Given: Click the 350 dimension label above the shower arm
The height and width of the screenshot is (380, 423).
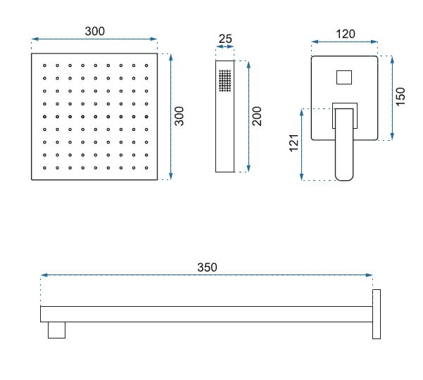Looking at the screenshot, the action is (x=207, y=267).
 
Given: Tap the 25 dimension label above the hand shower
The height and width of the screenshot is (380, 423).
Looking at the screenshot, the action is (x=225, y=39).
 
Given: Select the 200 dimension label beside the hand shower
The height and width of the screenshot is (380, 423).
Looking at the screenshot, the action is (x=257, y=116).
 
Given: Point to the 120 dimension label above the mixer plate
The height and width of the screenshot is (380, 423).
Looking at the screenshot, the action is (x=346, y=34).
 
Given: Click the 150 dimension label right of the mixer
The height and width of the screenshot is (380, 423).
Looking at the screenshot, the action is (x=400, y=96).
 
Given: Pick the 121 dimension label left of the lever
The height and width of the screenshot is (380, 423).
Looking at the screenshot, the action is (x=294, y=143).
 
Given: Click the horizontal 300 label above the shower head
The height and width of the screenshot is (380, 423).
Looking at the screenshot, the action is (x=95, y=31).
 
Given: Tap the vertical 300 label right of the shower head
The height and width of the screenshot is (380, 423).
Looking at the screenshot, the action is (x=179, y=116).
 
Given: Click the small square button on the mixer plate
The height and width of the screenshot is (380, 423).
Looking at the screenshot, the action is (x=344, y=77).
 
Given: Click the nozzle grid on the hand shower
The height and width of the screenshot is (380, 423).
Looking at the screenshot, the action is (x=225, y=81).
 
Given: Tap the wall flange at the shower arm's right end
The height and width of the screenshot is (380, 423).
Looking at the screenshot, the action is (x=377, y=314).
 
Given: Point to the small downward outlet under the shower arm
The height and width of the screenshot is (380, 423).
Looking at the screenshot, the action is (x=56, y=330).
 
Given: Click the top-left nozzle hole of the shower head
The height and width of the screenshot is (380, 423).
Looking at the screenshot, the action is (x=44, y=65).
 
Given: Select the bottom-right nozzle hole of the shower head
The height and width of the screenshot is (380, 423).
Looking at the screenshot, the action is (x=146, y=167).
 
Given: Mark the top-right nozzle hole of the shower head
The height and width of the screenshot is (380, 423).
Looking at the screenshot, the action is (x=146, y=65).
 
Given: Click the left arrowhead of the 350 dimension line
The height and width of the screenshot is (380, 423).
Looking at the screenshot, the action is (x=44, y=275).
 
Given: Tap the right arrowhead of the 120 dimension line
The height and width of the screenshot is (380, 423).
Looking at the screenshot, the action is (x=374, y=42).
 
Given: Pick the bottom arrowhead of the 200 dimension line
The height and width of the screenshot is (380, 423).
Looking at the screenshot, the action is (x=248, y=169).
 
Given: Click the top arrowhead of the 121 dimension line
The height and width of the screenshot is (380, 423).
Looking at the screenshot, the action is (x=302, y=112).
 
